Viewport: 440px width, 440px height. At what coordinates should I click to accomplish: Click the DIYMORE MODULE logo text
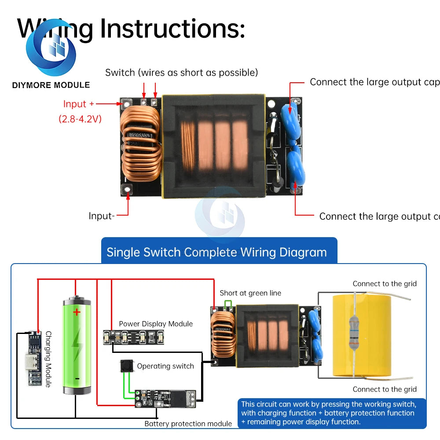[51, 85]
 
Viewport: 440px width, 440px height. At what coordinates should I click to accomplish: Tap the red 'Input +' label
[78, 104]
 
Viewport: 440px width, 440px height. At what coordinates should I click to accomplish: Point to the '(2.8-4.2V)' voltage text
[80, 119]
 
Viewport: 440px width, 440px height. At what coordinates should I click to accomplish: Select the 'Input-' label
[102, 216]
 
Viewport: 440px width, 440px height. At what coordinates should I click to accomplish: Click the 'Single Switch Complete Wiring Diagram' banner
[216, 252]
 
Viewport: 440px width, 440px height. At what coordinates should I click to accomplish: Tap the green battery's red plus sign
[77, 312]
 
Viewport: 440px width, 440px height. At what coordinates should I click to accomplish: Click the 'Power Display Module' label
[156, 324]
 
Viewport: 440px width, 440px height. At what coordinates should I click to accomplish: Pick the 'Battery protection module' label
[188, 424]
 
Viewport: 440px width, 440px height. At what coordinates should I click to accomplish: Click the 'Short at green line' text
[250, 293]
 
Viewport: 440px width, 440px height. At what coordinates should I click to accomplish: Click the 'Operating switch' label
[165, 366]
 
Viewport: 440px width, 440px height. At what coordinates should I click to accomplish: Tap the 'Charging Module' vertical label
[48, 359]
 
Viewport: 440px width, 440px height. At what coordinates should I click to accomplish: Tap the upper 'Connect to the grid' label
[384, 284]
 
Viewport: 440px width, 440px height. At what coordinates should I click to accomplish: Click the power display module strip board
[133, 337]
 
